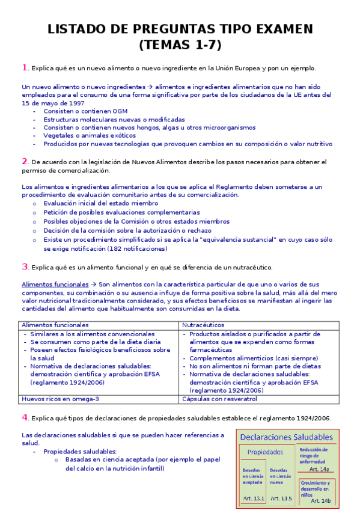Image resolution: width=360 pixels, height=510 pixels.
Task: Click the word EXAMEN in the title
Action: pos(279,29)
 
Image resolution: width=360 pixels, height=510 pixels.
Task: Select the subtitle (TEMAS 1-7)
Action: pos(180,45)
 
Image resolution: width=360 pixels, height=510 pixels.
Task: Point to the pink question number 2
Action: pos(24,161)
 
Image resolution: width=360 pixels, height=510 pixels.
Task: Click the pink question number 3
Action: pos(24,266)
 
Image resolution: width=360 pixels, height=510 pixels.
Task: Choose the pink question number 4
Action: pos(24,417)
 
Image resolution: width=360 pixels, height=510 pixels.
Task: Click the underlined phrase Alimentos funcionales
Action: pos(54,283)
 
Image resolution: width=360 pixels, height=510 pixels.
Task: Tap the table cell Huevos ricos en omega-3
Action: pos(60,399)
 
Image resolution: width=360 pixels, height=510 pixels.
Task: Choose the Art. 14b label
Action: pos(321,500)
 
